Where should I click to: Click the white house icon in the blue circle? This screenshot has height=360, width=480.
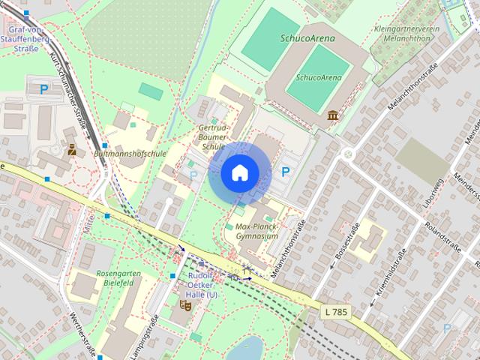tap(239, 172)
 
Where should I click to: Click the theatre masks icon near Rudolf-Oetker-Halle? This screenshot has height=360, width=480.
tap(185, 304)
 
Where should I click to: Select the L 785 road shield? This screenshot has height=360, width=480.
tap(337, 310)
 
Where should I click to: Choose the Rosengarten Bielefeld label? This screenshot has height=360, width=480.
tap(118, 279)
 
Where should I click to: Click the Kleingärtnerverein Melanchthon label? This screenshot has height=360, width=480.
tap(406, 34)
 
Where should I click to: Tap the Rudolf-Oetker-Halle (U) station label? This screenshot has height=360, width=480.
tap(202, 285)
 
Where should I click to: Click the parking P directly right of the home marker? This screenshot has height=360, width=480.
tap(286, 172)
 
